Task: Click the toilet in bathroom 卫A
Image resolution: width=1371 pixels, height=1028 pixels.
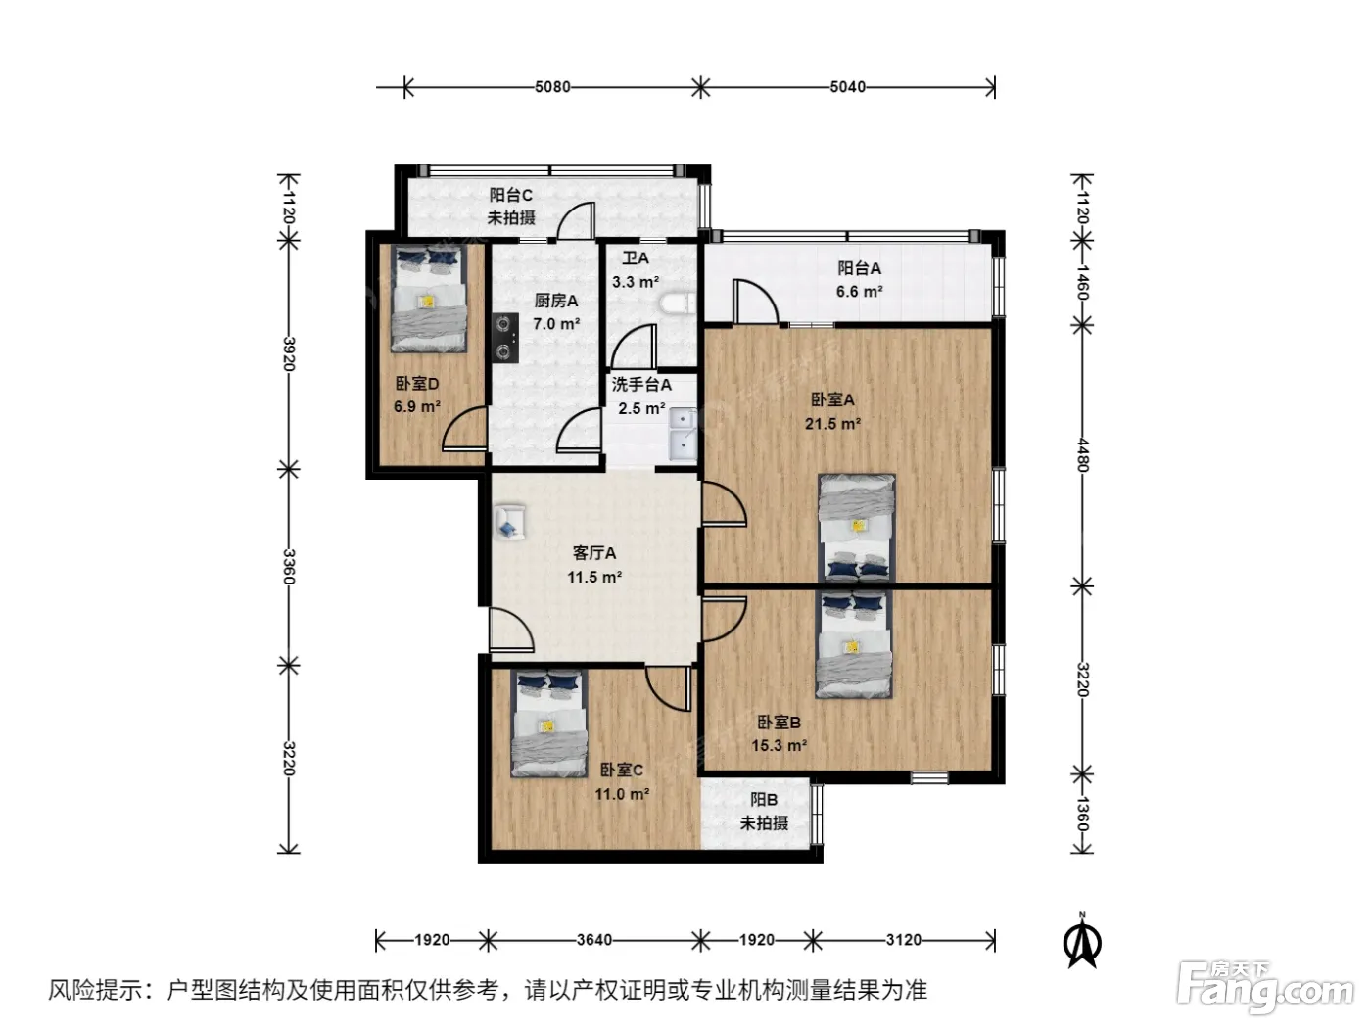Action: [x=677, y=304]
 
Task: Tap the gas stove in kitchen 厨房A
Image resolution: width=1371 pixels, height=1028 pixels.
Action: [x=504, y=338]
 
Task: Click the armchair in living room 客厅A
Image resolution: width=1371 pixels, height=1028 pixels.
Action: [x=509, y=521]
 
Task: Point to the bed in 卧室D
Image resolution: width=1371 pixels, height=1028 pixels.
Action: [x=429, y=298]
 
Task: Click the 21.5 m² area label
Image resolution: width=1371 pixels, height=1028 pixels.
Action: [x=832, y=424]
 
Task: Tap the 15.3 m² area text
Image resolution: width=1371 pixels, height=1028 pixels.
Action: [x=779, y=745]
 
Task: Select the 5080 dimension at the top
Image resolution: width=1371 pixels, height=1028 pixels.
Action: [x=552, y=87]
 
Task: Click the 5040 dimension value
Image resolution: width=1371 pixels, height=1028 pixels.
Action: [x=848, y=87]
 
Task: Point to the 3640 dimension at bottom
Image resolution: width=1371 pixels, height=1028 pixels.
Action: [x=594, y=939]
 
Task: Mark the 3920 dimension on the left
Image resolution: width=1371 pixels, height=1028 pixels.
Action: [x=289, y=353]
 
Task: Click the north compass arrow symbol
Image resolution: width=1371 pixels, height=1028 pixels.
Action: [x=1082, y=941]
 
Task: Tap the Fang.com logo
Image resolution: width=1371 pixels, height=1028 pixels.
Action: [x=1265, y=987]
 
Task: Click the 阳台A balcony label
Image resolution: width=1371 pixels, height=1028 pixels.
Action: [x=859, y=268]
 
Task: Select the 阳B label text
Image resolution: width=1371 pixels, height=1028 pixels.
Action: [x=763, y=800]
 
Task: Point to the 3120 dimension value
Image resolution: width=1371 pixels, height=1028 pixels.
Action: [x=903, y=939]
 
